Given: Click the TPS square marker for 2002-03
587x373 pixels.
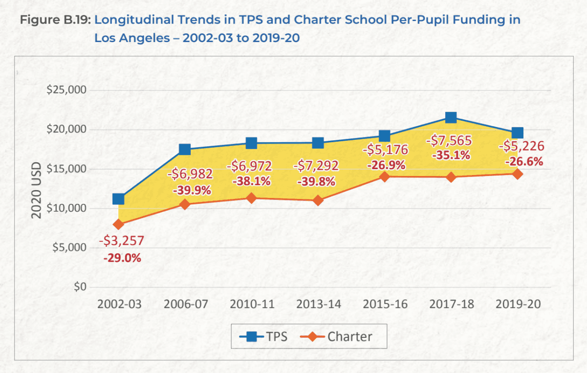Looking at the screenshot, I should coord(118,198).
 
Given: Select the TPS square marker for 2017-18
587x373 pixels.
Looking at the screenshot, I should coord(451,117).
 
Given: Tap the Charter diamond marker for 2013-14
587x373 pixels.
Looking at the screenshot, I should coord(318,200).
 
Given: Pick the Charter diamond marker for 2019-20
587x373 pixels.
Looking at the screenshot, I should coord(518,174).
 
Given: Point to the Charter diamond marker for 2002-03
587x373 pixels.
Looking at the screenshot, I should coord(118,224).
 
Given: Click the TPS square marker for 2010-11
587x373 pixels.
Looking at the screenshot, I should coord(251,143).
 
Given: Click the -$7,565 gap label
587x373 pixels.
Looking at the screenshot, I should coord(449,141).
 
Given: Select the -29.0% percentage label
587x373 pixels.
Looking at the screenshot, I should coord(122,258).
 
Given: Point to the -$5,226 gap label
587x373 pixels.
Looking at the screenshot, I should coord(520,146).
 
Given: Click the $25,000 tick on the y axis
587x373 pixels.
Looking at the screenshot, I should coord(66,90).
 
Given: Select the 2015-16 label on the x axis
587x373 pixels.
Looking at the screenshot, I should coord(385,304).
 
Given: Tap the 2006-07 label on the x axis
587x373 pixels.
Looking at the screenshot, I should coord(185,304).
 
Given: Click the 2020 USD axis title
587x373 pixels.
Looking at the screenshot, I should coord(37,189).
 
